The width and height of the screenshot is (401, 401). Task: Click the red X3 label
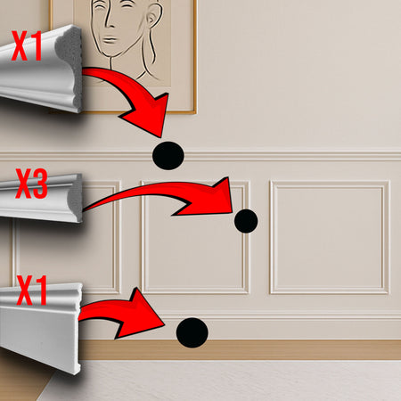click(x=31, y=184)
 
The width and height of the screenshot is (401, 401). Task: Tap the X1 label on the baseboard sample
click(x=32, y=291)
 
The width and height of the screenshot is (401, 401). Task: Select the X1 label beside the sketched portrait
click(x=27, y=45)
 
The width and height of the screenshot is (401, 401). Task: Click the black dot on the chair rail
click(x=168, y=156)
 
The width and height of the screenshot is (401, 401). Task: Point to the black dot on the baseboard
click(x=192, y=332)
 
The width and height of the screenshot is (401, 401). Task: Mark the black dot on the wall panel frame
click(x=246, y=221)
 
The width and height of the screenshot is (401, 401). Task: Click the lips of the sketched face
click(x=110, y=39)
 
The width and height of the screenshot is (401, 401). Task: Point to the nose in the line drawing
click(x=109, y=20)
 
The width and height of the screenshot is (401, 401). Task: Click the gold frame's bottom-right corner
click(x=196, y=113)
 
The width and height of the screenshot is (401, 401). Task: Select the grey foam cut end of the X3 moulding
click(x=76, y=198)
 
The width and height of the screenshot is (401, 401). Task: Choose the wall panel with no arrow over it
click(x=330, y=237)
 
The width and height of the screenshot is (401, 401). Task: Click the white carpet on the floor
click(x=225, y=381)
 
